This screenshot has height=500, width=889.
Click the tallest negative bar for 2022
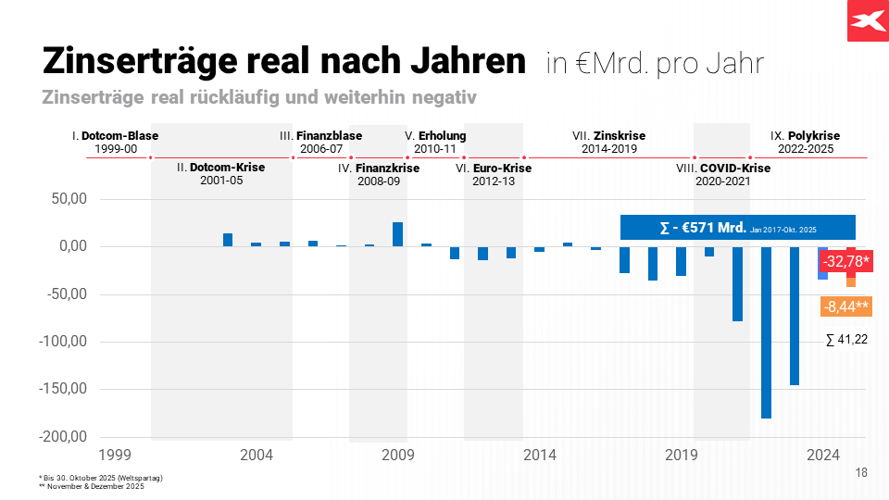[x=766, y=332]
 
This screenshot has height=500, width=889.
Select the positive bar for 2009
[x=397, y=234]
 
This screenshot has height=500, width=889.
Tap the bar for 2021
[x=738, y=283]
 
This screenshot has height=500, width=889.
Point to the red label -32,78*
[x=847, y=261]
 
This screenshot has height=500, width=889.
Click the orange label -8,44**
[x=846, y=306]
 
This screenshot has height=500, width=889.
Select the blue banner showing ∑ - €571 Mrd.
[x=737, y=228]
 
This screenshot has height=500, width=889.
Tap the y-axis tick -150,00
[x=62, y=389]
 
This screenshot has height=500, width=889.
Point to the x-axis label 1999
[x=115, y=455]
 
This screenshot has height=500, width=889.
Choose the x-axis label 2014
[x=539, y=455]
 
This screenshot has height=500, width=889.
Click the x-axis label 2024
[x=822, y=455]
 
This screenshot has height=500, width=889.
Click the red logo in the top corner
[x=868, y=20]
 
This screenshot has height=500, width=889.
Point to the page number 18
[x=861, y=473]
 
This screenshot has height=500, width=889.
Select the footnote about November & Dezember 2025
[x=92, y=486]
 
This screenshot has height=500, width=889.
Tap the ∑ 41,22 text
[x=846, y=340]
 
